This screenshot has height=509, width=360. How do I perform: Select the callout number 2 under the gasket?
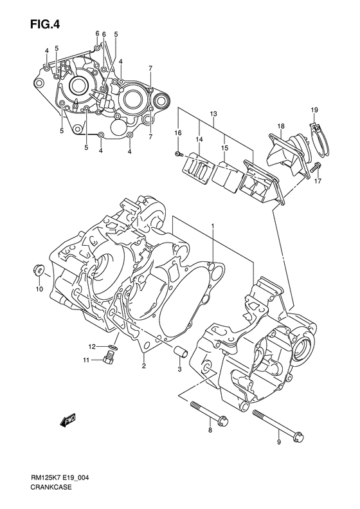tap(143, 366)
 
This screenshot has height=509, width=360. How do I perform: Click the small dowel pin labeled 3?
tap(180, 351)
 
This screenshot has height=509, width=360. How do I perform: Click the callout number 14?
tap(199, 139)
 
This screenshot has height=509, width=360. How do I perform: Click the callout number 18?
tap(281, 125)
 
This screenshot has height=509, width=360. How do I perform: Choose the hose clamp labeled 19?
tap(316, 131)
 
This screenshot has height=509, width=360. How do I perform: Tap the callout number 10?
tap(39, 290)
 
